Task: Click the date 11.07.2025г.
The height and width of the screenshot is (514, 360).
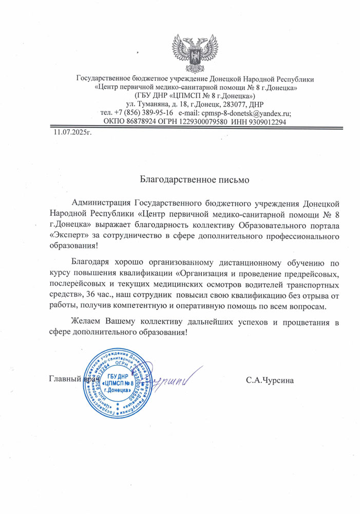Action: pos(72,133)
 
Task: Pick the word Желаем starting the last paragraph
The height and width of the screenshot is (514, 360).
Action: pos(86,321)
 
